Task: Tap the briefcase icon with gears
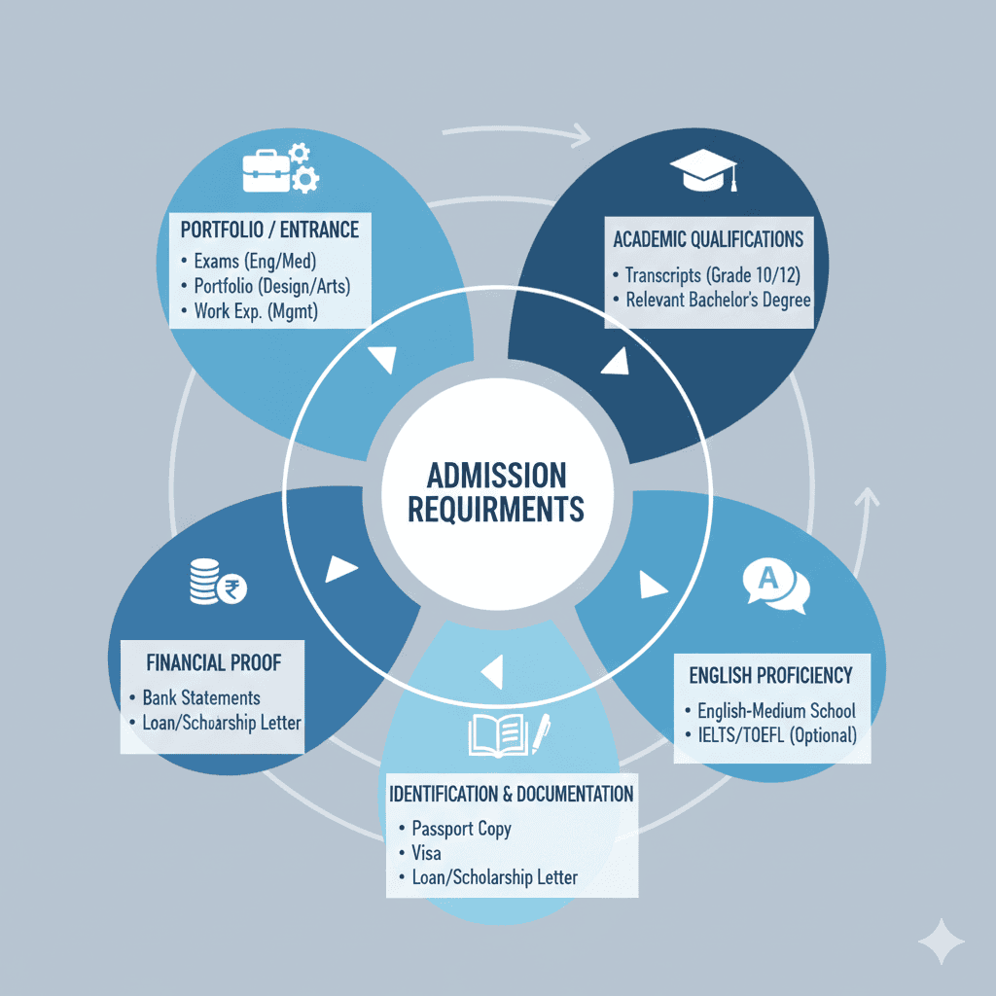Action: (x=279, y=167)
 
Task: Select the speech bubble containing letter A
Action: (x=774, y=586)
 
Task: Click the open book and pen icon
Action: (x=509, y=736)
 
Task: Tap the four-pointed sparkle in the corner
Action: (x=941, y=941)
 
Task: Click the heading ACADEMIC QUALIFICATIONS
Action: (x=708, y=238)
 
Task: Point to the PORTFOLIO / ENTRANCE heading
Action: (x=269, y=230)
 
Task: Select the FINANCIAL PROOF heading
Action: (x=213, y=662)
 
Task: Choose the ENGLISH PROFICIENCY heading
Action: (x=770, y=674)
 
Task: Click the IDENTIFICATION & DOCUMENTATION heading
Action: (x=511, y=793)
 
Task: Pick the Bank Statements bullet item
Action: (x=201, y=697)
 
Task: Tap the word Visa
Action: (x=426, y=853)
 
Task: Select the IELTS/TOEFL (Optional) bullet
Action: (x=777, y=735)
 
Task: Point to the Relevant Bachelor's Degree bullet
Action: (x=718, y=300)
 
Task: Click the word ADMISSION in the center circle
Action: (x=496, y=476)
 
